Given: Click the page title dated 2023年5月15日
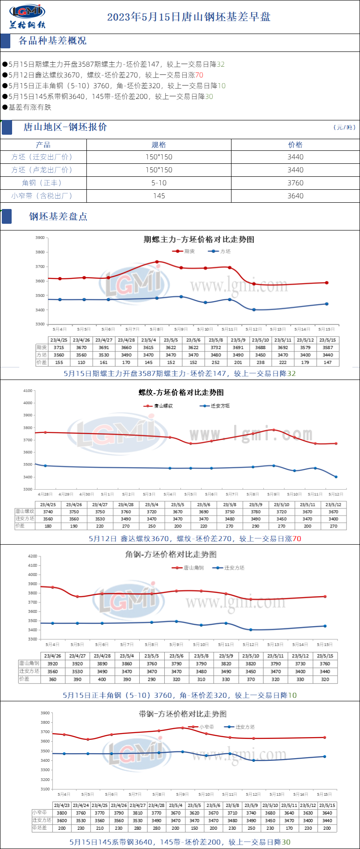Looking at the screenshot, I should (x=189, y=17).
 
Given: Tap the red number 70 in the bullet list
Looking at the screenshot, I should (x=199, y=75).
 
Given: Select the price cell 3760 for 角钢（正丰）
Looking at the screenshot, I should (x=295, y=183).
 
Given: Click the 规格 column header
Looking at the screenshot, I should (x=159, y=145).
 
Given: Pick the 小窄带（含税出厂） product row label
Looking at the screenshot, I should (x=43, y=196).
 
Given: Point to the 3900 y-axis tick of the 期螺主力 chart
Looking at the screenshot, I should (x=40, y=238).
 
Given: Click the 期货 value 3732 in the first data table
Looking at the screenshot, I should (x=216, y=348).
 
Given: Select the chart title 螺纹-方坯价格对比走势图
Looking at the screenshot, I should (x=181, y=393).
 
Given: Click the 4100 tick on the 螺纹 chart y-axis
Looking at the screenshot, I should (x=28, y=391).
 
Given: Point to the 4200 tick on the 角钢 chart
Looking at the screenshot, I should (x=33, y=556).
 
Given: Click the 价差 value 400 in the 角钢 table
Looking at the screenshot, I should (x=102, y=679).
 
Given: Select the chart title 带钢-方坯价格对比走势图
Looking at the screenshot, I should (x=183, y=714).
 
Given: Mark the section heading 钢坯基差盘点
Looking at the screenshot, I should (x=58, y=217).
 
